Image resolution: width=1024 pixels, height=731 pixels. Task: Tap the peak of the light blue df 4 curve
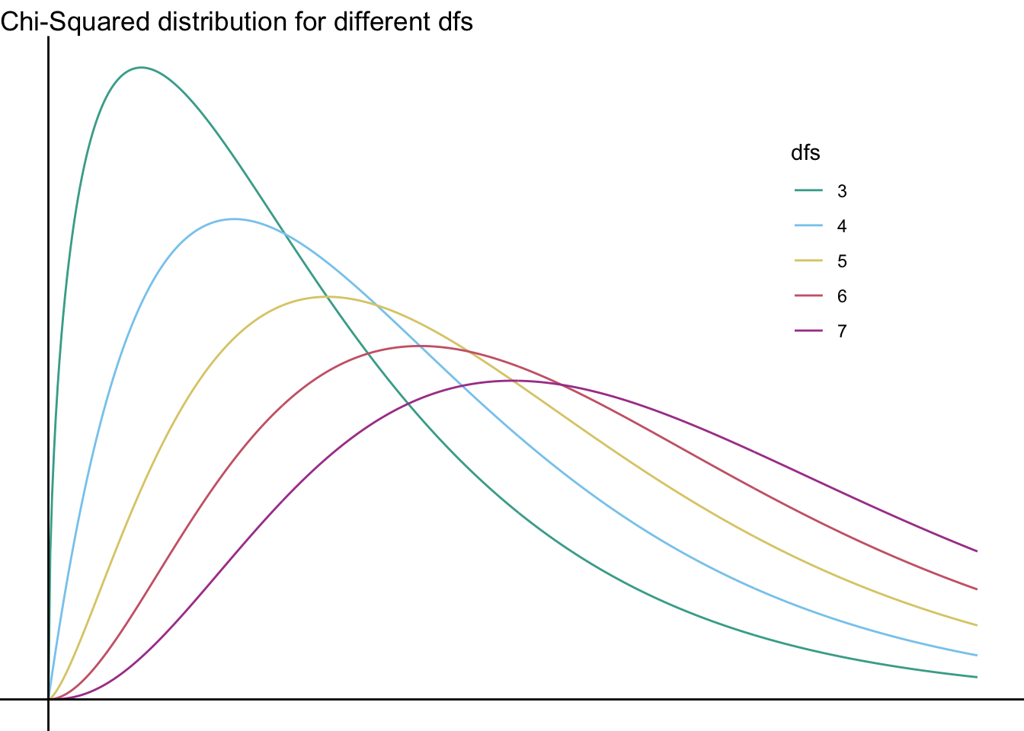234,219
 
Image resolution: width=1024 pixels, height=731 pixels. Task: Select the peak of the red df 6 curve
420,346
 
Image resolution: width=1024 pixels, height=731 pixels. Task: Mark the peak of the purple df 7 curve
513,381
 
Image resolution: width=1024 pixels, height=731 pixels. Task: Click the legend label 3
842,191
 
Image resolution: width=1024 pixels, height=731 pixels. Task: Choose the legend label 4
842,226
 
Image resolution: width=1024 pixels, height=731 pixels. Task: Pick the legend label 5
842,261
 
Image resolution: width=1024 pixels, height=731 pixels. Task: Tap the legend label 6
842,296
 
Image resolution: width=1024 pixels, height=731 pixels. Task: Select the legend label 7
842,331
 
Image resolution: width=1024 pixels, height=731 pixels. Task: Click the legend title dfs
805,153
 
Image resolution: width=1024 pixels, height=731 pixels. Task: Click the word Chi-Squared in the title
75,21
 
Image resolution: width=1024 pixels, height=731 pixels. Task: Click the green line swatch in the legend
808,190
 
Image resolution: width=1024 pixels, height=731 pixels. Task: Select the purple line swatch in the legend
808,330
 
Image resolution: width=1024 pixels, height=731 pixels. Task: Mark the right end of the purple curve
976,551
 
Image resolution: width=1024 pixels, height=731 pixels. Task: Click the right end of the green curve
976,677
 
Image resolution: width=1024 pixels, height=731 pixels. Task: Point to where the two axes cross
49,698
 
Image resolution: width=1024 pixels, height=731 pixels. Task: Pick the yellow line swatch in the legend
808,260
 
